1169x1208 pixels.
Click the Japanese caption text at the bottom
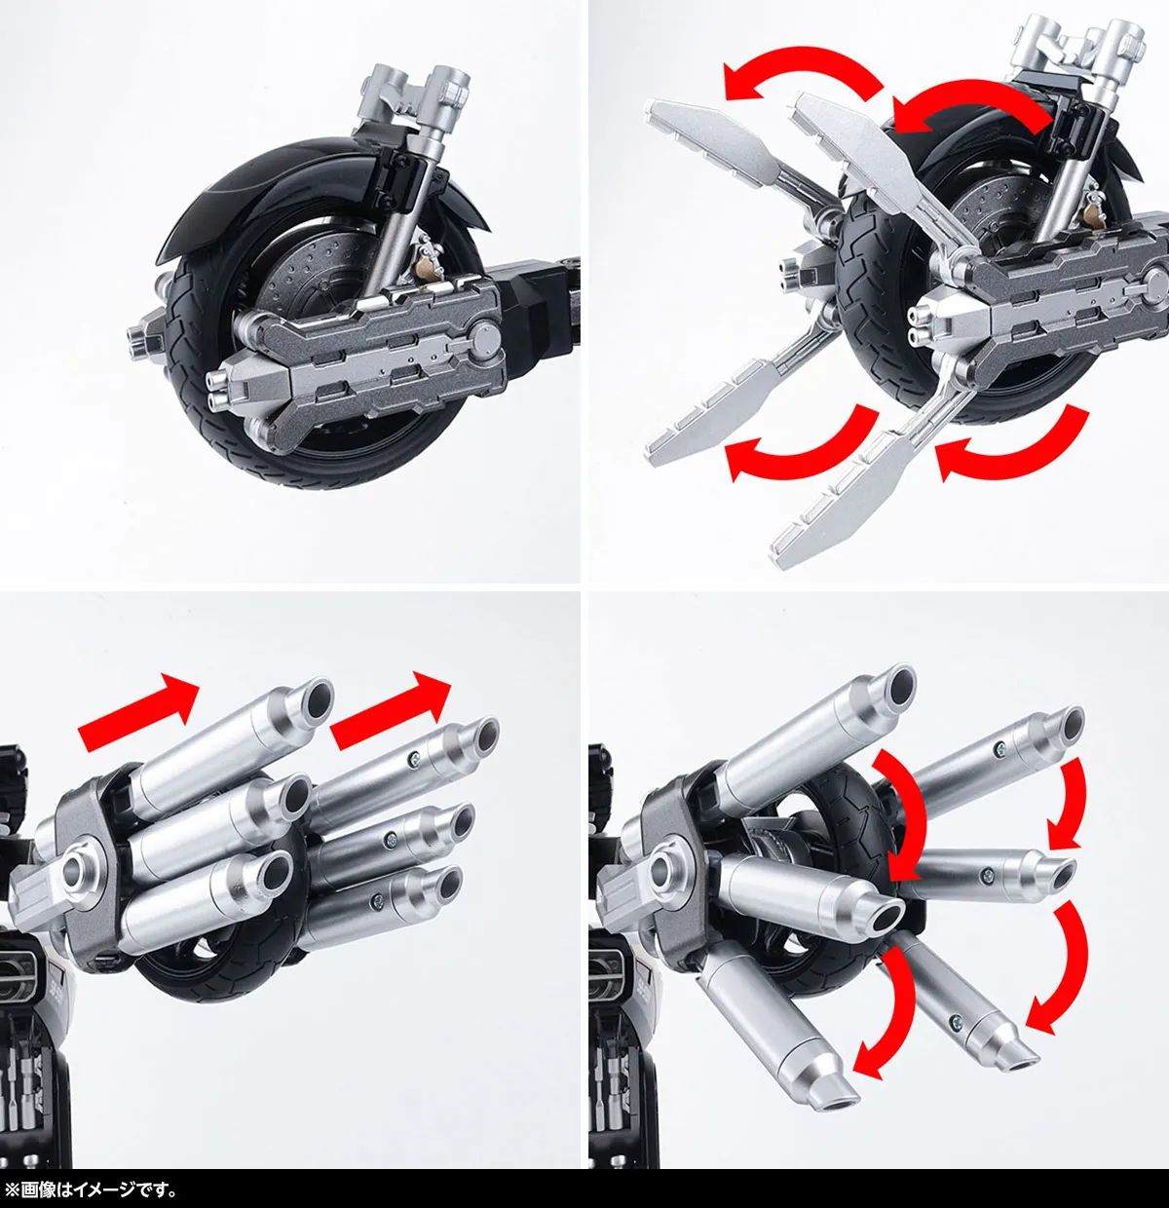click(x=90, y=1189)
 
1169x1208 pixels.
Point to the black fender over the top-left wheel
click(x=261, y=186)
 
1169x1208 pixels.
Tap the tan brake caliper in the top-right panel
click(x=1090, y=213)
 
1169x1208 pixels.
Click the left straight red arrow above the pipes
click(x=139, y=712)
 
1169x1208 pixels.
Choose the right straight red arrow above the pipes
click(x=391, y=711)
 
